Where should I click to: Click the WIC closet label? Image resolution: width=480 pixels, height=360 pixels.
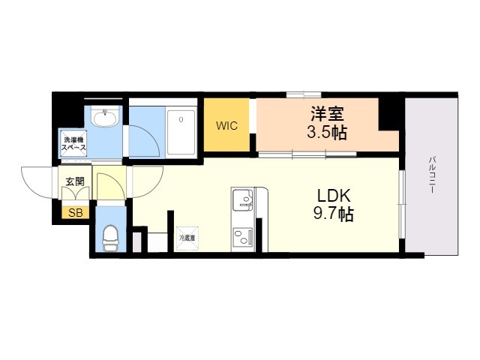tap(226, 125)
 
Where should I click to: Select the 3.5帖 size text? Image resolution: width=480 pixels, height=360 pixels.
tap(328, 135)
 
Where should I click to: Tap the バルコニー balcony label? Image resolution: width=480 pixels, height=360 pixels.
tap(433, 175)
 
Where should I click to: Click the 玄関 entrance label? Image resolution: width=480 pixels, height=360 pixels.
tap(74, 181)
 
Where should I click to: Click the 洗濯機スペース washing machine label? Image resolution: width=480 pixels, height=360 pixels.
tap(73, 144)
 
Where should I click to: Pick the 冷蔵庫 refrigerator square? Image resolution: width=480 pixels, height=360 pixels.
tap(187, 238)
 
